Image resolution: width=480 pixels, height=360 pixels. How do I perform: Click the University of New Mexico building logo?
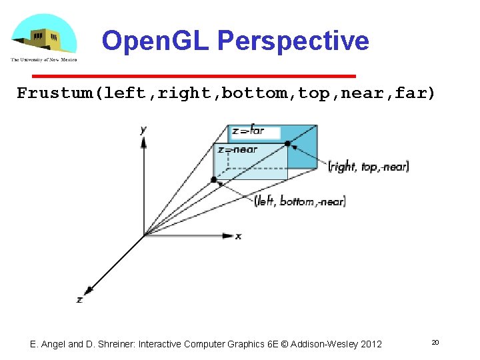[x=43, y=37]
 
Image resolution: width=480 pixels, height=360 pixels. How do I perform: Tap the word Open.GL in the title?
[x=156, y=41]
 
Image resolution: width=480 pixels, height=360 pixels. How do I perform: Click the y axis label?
[x=143, y=130]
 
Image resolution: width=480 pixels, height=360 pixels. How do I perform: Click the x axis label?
[x=238, y=236]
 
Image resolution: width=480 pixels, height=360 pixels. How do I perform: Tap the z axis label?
[x=79, y=300]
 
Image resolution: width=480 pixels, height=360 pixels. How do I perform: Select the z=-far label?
[x=248, y=131]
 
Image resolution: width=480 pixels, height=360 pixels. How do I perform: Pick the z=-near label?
[x=237, y=150]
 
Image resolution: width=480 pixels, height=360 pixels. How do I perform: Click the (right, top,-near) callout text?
[x=369, y=167]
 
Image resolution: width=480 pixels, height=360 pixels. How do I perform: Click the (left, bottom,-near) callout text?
[x=300, y=201]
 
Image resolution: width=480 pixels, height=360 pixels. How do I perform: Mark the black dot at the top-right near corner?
[x=288, y=143]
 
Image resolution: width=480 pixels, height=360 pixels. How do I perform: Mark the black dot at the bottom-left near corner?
[x=213, y=179]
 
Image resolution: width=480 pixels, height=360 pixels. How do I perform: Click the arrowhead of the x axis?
[x=227, y=235]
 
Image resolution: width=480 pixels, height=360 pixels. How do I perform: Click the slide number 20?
[x=435, y=343]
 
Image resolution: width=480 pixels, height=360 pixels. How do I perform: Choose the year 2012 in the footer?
[x=371, y=344]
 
